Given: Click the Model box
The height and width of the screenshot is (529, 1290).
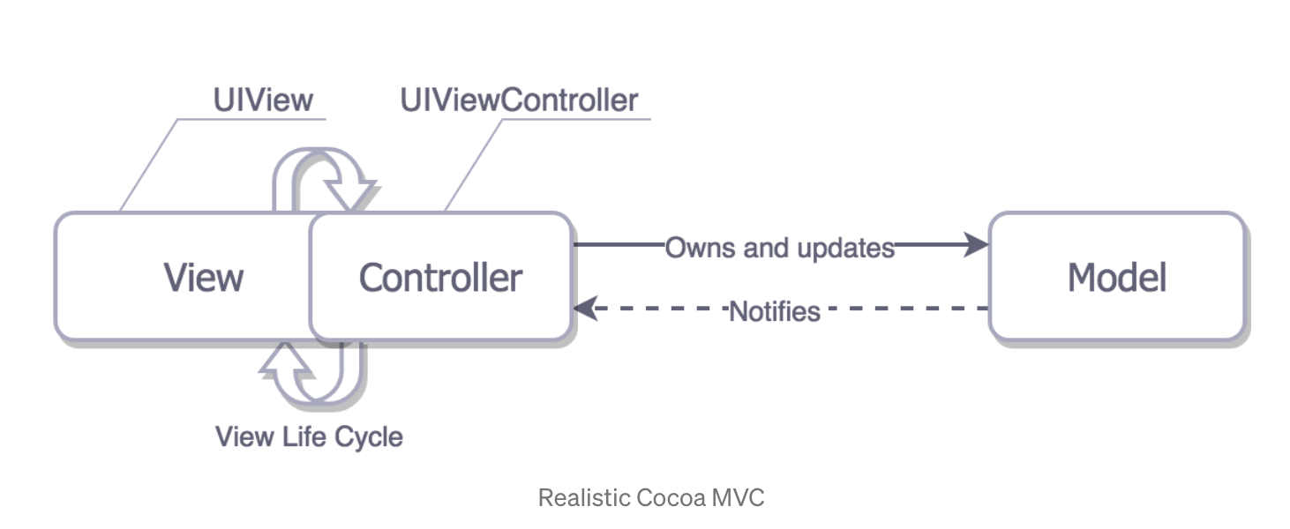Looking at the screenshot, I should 1116,277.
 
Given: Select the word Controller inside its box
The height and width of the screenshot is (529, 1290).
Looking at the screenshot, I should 440,278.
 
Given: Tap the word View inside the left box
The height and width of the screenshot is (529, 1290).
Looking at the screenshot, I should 203,278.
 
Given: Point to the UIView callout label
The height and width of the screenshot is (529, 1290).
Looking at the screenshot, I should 263,100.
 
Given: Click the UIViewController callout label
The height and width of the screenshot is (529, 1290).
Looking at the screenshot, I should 519,100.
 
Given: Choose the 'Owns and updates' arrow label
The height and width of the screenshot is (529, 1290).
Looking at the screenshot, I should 779,248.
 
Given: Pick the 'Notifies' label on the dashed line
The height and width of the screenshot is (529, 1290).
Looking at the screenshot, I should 775,310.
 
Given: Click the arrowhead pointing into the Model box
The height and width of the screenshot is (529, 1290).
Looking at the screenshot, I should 976,245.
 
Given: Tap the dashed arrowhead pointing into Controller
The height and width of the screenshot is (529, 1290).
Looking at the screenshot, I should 586,309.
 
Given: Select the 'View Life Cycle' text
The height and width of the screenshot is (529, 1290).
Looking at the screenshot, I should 309,436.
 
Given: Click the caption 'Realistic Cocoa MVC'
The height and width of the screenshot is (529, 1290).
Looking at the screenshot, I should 651,498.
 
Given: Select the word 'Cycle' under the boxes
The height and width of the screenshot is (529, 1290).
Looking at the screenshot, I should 368,436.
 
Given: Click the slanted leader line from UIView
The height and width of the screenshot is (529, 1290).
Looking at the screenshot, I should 148,165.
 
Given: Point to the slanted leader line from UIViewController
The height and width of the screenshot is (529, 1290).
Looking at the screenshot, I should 474,165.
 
